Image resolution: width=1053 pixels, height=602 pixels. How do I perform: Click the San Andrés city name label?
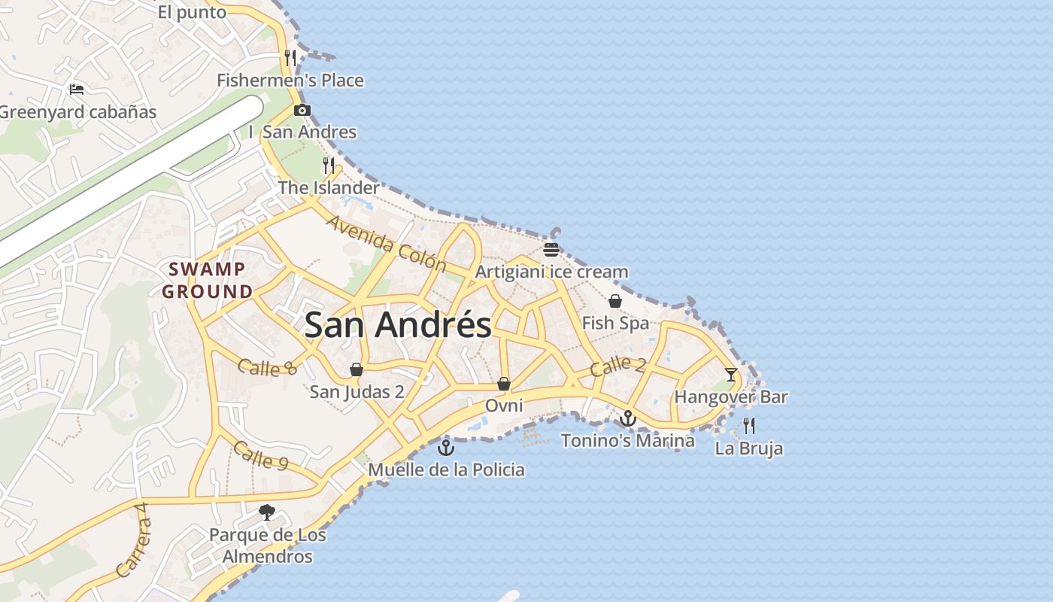pyautogui.click(x=398, y=325)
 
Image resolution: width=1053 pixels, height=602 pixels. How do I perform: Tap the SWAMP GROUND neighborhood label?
pyautogui.click(x=207, y=280)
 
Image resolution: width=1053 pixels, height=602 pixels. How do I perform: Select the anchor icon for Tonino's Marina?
pyautogui.click(x=628, y=418)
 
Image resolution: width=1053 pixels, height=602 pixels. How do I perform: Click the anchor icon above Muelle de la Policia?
pyautogui.click(x=446, y=448)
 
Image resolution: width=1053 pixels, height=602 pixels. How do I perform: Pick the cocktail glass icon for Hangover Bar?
pyautogui.click(x=730, y=374)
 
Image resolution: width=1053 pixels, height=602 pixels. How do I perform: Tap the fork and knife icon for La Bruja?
pyautogui.click(x=748, y=426)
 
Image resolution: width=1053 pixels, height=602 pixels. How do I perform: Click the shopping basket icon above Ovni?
pyautogui.click(x=504, y=384)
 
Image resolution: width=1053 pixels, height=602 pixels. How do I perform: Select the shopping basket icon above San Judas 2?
pyautogui.click(x=357, y=369)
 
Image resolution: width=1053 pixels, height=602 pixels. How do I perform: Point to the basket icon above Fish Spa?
pyautogui.click(x=615, y=301)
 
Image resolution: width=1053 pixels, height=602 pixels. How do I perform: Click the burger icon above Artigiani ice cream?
pyautogui.click(x=551, y=249)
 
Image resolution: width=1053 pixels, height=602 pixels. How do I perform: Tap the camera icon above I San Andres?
pyautogui.click(x=302, y=110)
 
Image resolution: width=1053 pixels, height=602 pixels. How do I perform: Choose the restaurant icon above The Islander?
pyautogui.click(x=329, y=166)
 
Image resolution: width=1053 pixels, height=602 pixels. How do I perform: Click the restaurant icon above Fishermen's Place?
pyautogui.click(x=290, y=58)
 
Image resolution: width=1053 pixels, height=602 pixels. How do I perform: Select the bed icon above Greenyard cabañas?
pyautogui.click(x=76, y=90)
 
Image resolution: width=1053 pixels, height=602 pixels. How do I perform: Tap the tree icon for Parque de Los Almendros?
pyautogui.click(x=266, y=512)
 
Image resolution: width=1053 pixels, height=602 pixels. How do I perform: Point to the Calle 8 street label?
pyautogui.click(x=267, y=367)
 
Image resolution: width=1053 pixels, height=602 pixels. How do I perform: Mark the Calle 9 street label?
pyautogui.click(x=260, y=455)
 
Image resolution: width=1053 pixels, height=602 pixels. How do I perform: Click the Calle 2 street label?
pyautogui.click(x=618, y=366)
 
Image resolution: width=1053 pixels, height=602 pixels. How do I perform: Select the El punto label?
pyautogui.click(x=192, y=12)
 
